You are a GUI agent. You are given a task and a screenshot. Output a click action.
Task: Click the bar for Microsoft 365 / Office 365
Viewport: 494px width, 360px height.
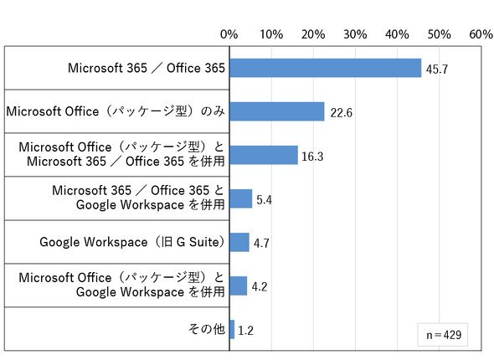[326, 68]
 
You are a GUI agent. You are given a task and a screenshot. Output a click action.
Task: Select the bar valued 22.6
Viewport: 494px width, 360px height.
[277, 111]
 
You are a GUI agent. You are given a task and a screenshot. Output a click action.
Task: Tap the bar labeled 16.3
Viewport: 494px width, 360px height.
[264, 155]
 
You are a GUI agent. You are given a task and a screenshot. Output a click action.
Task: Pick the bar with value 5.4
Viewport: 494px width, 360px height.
[241, 198]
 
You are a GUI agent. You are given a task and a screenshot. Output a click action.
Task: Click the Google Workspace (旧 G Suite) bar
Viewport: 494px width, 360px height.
[239, 242]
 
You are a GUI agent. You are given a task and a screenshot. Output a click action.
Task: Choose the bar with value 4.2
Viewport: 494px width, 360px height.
[239, 285]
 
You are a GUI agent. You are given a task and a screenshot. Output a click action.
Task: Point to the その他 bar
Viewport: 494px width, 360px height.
[232, 330]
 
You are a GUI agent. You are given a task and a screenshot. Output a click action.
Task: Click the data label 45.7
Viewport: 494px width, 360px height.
[437, 69]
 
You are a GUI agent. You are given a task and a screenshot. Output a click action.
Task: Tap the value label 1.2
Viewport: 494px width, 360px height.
[245, 331]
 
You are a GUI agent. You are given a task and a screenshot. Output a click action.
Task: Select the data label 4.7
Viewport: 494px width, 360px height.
[261, 243]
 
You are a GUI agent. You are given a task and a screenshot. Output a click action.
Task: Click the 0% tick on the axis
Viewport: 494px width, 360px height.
[229, 34]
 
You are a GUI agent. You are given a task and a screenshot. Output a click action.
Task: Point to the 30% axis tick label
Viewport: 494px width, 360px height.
[355, 34]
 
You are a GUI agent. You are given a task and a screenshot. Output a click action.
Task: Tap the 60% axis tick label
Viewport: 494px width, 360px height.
[481, 34]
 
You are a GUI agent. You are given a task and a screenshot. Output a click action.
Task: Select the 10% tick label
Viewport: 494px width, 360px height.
[271, 34]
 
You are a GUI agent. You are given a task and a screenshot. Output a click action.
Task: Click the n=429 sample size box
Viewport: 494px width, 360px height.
[443, 335]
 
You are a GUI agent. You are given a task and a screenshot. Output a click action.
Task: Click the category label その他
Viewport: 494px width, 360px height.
[207, 329]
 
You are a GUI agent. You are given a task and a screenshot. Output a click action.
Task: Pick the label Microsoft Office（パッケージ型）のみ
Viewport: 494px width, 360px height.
[116, 111]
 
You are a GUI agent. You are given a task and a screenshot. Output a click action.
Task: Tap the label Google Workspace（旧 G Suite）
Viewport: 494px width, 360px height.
[132, 242]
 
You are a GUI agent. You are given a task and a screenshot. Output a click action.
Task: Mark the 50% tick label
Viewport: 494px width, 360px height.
[440, 34]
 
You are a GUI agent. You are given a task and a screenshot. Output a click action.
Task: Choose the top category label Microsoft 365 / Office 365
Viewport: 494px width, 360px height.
[147, 68]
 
